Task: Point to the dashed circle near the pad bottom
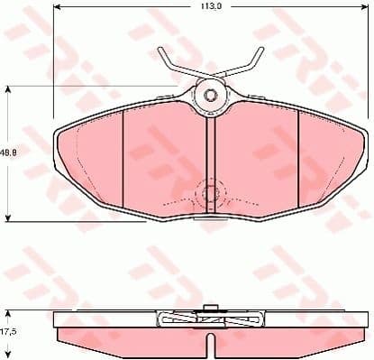[x=209, y=192]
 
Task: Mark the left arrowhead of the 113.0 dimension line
[x=57, y=14]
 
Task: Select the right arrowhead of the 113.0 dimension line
[x=365, y=14]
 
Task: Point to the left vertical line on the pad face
[x=122, y=162]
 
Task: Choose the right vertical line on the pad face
[x=297, y=162]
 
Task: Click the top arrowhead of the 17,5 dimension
[x=10, y=312]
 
